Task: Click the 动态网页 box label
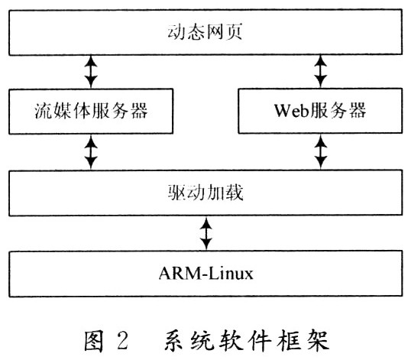(205, 32)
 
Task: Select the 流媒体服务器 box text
(91, 111)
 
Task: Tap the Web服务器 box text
(320, 110)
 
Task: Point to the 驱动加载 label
(205, 193)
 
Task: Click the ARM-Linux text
(206, 274)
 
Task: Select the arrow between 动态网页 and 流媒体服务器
(91, 72)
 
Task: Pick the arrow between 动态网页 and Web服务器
(320, 71)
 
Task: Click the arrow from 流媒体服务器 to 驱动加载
(91, 152)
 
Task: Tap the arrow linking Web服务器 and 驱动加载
(320, 151)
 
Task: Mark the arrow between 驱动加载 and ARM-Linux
(206, 233)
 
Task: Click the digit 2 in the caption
(123, 340)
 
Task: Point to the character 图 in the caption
(95, 340)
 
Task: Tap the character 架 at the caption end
(318, 340)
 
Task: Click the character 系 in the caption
(174, 340)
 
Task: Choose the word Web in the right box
(292, 110)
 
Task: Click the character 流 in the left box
(44, 111)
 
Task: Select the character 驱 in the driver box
(176, 193)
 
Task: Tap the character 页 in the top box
(234, 32)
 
